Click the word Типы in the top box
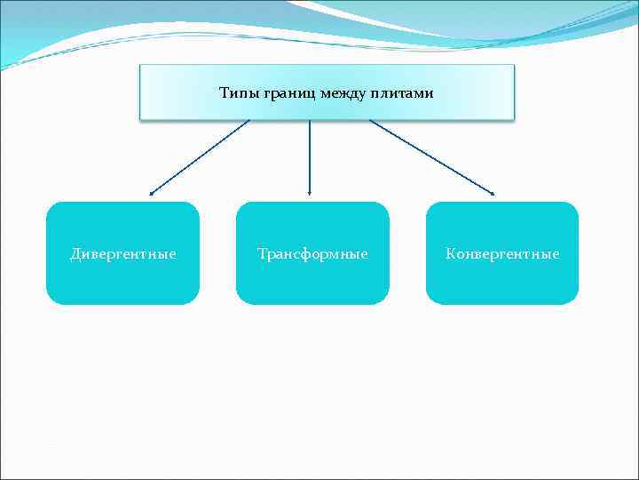pos(238,92)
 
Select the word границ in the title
pos(285,92)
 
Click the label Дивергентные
pos(122,254)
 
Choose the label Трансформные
pos(312,254)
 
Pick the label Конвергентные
pos(502,254)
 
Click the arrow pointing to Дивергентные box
pos(200,156)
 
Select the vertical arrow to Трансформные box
pos(309,156)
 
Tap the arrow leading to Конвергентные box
pos(432,156)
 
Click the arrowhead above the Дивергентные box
pos(151,192)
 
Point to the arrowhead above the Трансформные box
pos(309,192)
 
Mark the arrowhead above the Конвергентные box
pos(493,192)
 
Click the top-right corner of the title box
pos(513,66)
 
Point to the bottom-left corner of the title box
pos(141,117)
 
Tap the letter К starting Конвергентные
pos(450,254)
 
